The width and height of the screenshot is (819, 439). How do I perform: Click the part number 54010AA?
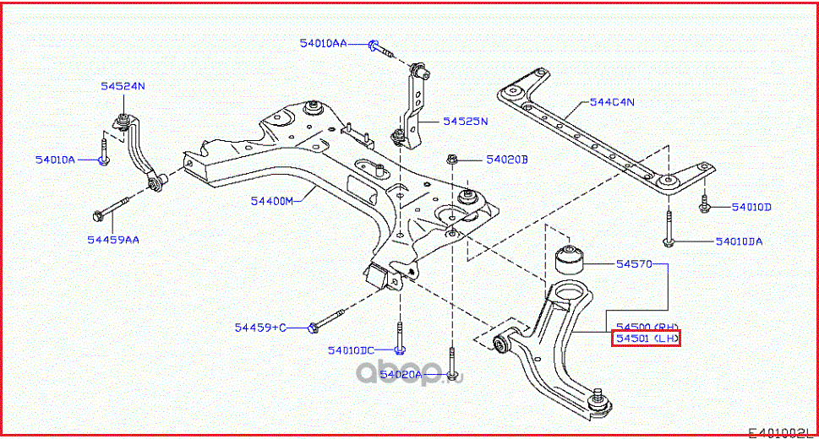pos(322,42)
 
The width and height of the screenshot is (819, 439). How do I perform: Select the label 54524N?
pos(123,85)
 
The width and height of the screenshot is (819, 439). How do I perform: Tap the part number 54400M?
pos(271,202)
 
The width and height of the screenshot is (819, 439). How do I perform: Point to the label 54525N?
pos(466,122)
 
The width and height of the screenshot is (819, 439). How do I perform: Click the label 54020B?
pos(506,159)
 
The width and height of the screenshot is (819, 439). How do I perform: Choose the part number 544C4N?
pos(612,102)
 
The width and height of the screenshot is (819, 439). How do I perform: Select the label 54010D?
pos(751,207)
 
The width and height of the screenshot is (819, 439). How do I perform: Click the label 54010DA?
pos(739,241)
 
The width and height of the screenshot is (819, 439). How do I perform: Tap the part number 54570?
pos(634,264)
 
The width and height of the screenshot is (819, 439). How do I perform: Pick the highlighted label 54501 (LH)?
pos(647,339)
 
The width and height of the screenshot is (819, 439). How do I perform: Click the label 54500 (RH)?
pos(647,326)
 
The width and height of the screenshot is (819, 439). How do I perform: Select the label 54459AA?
pos(112,240)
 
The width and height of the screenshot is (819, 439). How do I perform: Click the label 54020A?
pos(400,373)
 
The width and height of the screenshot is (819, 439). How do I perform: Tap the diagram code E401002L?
pos(781,431)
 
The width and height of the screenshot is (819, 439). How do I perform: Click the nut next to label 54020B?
pos(452,159)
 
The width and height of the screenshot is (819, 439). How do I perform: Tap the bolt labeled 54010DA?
pos(668,236)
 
